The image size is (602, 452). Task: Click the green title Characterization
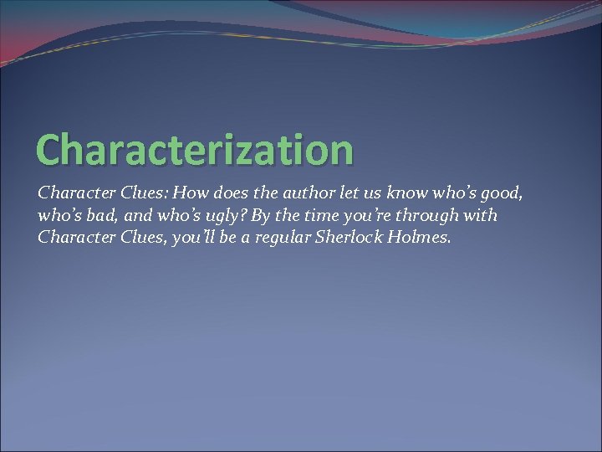pyautogui.click(x=195, y=149)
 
